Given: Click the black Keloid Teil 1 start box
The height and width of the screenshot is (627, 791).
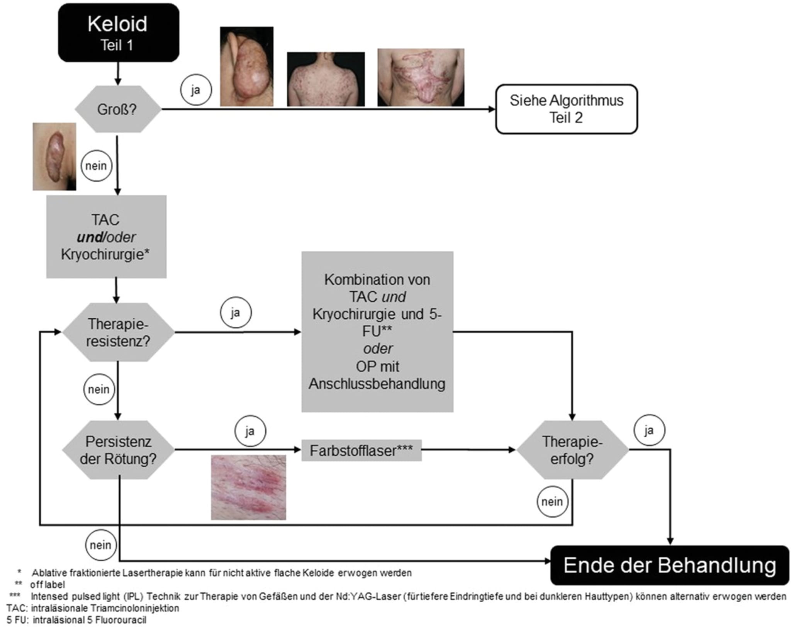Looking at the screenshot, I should point(119,33).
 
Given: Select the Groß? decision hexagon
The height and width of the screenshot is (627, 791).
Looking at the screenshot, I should point(117,109).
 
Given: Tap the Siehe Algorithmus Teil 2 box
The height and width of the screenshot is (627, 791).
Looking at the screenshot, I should point(566,109).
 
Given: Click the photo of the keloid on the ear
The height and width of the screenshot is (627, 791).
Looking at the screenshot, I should point(246,66).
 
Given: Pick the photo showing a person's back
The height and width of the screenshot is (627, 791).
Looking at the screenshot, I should point(326,79).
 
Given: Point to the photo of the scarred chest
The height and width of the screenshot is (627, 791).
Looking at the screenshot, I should point(421,77).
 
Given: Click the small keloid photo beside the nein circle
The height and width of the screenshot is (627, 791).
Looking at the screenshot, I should point(54,156).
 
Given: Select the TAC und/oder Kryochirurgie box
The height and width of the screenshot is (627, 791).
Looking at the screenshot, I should point(106,236).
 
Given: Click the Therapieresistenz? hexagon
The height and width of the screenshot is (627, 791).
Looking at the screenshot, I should point(118,332).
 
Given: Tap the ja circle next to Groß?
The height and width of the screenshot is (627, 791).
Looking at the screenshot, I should point(196,90).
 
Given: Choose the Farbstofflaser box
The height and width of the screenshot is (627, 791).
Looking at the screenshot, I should point(361,450).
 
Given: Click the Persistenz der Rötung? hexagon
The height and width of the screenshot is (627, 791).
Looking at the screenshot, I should point(118,450).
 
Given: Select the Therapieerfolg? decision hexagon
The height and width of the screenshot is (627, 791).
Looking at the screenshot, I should point(572,450).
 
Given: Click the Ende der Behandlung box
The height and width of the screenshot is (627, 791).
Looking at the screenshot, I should point(669,565).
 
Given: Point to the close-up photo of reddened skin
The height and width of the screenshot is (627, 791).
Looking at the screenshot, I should point(248,487).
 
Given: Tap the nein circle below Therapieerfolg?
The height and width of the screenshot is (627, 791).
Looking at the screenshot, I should point(552,502).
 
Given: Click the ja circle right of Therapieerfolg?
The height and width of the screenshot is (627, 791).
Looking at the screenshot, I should point(649,430).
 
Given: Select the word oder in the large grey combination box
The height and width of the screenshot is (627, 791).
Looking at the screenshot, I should point(378,349).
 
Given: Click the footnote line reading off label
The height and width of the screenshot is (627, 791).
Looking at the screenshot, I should point(47,585).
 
